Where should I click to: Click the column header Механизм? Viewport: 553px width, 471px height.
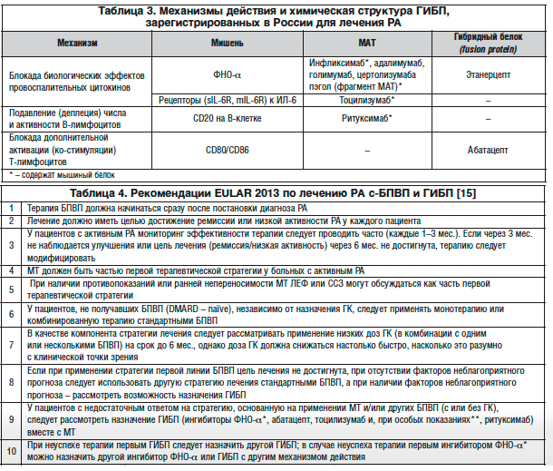point(77,42)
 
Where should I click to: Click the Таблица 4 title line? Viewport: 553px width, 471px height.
point(276,194)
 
